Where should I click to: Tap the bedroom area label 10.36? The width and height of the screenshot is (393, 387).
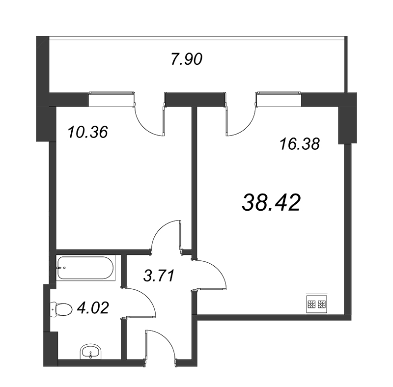(x=88, y=132)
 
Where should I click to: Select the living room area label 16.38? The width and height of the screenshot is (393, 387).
(x=300, y=144)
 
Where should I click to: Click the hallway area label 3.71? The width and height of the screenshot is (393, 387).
(x=159, y=276)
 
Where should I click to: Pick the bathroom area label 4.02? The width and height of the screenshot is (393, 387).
(x=93, y=308)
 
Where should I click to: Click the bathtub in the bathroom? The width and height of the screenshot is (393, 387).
(x=85, y=268)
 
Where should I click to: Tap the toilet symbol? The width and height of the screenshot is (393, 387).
(x=61, y=310)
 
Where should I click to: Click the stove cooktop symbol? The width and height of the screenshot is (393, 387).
(x=317, y=304)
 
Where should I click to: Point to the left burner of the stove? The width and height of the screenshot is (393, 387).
(x=312, y=304)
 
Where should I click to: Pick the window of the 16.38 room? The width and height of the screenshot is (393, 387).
(x=278, y=99)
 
